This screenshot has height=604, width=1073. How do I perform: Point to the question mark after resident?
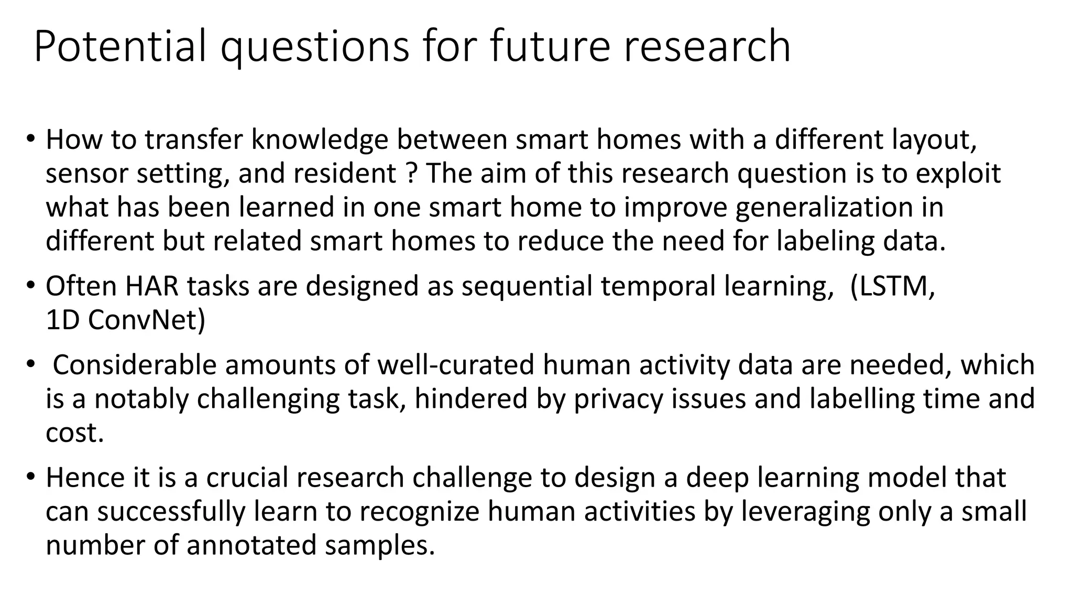pos(411,174)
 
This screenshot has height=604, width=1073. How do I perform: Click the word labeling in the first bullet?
pos(825,241)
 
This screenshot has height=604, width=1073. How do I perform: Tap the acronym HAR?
pos(152,286)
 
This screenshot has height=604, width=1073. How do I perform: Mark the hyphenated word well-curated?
pos(455,365)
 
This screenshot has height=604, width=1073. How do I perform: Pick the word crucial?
pos(252,478)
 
